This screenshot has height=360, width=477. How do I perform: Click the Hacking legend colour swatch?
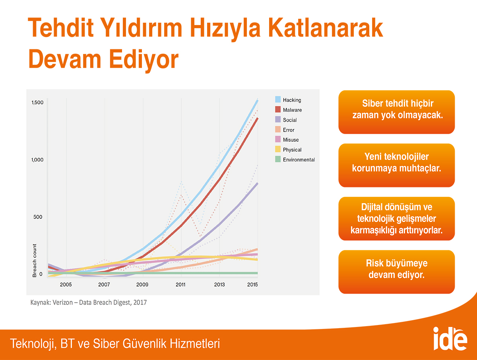tap(278, 99)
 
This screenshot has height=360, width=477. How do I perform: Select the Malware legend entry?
tap(288, 109)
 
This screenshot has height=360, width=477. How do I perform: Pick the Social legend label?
tap(290, 120)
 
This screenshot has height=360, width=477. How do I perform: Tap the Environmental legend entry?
tap(295, 160)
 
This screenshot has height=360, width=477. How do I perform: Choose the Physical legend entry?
tap(288, 150)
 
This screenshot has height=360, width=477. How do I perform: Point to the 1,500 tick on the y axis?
tap(37, 102)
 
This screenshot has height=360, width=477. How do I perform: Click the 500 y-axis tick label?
tap(38, 217)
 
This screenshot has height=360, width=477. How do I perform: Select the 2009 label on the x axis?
tap(142, 284)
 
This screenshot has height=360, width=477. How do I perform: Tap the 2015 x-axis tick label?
tap(252, 284)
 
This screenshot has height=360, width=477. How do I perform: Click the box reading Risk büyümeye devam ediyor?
tap(397, 272)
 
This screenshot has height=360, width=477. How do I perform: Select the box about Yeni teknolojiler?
tap(397, 165)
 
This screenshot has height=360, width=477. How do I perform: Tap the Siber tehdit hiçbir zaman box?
tap(397, 112)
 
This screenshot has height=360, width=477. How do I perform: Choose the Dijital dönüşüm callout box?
tap(397, 218)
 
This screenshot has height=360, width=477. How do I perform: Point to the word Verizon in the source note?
tap(62, 302)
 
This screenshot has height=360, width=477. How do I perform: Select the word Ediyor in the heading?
tap(143, 59)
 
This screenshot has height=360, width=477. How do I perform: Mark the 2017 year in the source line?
tap(140, 302)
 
